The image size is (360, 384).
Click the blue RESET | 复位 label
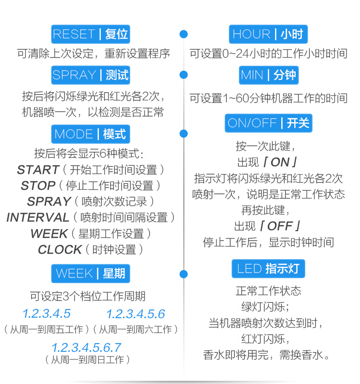90,34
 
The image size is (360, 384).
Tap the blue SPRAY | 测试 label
90,75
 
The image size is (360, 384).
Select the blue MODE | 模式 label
90,134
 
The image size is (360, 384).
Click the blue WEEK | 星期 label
90,273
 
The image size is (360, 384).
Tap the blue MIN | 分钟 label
268,75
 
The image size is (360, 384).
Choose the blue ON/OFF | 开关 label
268,123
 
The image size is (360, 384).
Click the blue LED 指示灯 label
268,268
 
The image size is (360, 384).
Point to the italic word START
38,170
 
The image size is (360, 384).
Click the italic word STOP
38,186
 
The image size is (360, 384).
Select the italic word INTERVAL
38,217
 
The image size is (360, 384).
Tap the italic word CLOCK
60,249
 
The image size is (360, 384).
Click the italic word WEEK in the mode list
49,234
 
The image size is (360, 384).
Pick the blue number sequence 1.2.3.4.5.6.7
86,347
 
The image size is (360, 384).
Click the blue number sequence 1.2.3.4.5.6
135,314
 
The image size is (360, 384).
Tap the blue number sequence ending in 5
47,314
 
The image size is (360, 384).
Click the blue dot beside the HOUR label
183,34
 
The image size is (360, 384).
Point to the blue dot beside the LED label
183,274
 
